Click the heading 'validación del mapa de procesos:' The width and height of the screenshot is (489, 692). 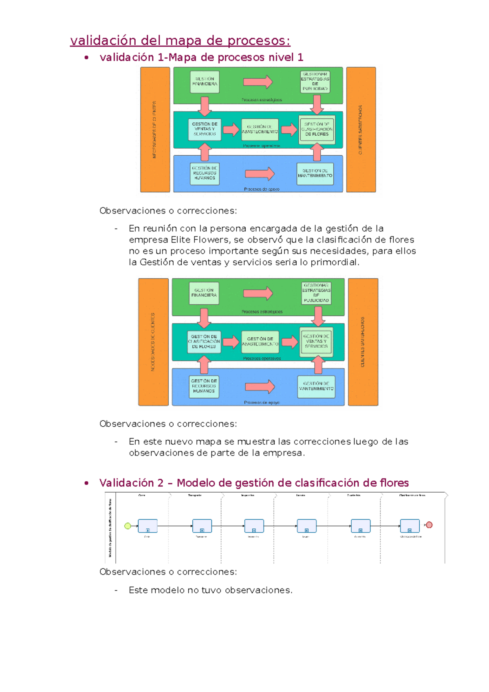click(x=180, y=41)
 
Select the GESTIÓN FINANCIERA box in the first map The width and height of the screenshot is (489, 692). click(x=205, y=82)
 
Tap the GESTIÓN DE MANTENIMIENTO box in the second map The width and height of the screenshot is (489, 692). click(x=316, y=386)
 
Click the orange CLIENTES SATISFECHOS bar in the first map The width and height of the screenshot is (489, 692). click(x=361, y=130)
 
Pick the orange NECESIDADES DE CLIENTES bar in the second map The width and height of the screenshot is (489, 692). click(x=153, y=342)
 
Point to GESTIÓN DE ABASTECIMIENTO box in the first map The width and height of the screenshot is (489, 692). click(x=260, y=130)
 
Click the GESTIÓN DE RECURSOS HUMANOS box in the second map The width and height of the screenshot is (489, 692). click(x=204, y=386)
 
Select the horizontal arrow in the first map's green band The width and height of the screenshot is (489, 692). click(x=258, y=82)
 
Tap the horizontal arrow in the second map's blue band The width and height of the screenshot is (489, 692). click(x=260, y=387)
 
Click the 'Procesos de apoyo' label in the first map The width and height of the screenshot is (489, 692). click(x=262, y=189)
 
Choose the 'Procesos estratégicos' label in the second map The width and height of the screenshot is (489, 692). click(x=262, y=312)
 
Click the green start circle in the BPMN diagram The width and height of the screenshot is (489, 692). click(x=128, y=526)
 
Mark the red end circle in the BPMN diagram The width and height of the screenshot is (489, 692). click(x=429, y=525)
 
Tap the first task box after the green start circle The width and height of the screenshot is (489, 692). click(x=148, y=526)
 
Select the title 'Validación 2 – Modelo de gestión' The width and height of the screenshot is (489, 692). click(x=253, y=483)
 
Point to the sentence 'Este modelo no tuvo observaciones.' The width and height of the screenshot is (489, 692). click(x=210, y=590)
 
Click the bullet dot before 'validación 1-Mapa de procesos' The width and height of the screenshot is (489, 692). click(x=86, y=58)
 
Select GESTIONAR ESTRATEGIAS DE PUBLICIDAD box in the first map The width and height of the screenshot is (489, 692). click(x=315, y=82)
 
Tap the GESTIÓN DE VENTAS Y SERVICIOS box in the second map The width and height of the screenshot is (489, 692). click(x=316, y=342)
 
